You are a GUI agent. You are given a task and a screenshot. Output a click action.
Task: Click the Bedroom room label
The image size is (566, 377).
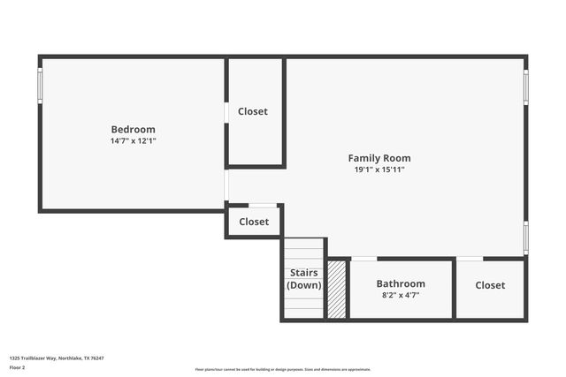point(133,129)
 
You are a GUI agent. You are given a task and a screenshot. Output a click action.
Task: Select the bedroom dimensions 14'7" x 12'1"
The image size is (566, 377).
point(133,140)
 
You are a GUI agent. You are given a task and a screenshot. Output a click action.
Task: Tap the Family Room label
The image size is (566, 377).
point(379,158)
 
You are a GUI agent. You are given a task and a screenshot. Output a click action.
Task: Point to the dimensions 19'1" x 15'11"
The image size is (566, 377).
point(379,170)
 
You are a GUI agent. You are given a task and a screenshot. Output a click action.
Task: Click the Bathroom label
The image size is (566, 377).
point(401,283)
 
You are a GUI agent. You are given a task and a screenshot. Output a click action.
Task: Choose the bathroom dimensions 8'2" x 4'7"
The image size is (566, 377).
point(401,295)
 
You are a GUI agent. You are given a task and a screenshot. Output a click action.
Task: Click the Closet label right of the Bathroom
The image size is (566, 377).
point(490,285)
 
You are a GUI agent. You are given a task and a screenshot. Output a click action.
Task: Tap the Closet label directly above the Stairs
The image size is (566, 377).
point(254,222)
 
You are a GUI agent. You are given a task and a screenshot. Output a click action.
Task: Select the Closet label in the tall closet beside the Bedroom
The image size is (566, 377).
point(253,111)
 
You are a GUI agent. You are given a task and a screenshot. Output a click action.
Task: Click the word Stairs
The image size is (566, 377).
point(304,273)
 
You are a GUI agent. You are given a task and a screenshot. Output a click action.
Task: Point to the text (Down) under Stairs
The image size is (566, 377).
point(304,285)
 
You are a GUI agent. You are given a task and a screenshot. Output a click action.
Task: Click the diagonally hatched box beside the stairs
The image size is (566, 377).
point(337,290)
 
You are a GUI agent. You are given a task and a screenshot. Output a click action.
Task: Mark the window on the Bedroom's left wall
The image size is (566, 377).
point(40,85)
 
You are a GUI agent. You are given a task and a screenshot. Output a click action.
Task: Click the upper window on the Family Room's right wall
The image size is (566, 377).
point(525,87)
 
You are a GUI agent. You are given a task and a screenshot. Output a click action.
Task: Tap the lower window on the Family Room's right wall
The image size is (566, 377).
point(525,238)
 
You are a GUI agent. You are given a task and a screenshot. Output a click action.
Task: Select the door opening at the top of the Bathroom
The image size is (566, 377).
point(363,259)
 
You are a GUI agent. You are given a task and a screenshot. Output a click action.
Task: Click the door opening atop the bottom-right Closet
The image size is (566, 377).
point(470,259)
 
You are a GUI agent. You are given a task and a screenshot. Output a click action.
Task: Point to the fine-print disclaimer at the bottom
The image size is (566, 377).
point(283,369)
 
